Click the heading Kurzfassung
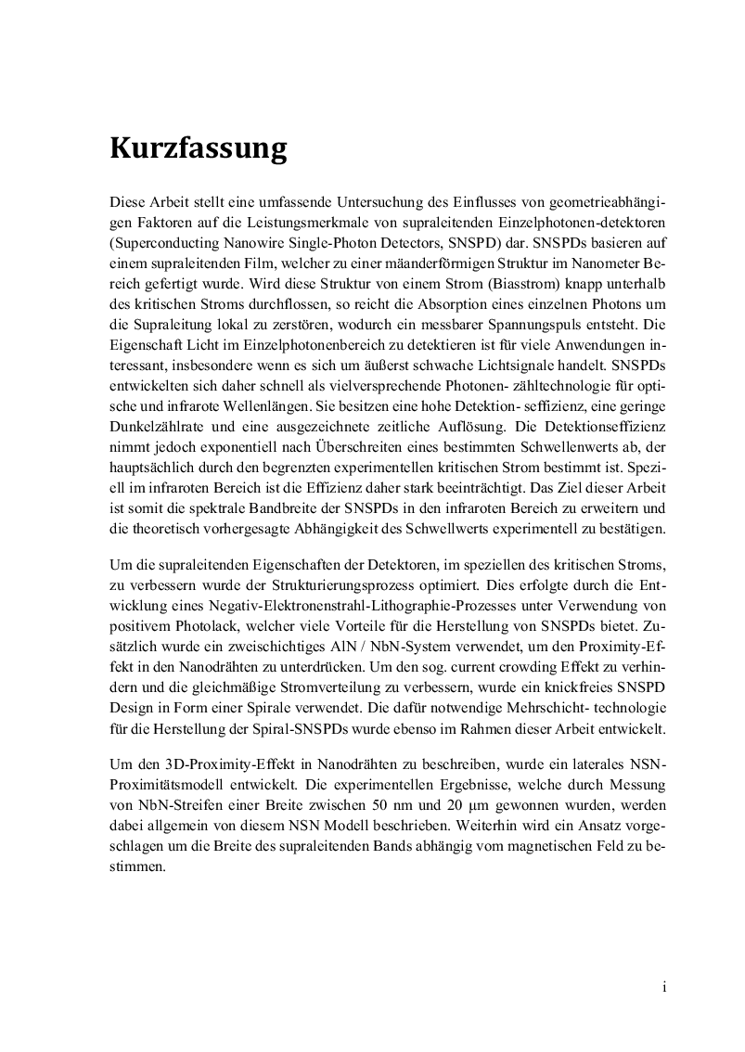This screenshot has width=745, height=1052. [x=198, y=148]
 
